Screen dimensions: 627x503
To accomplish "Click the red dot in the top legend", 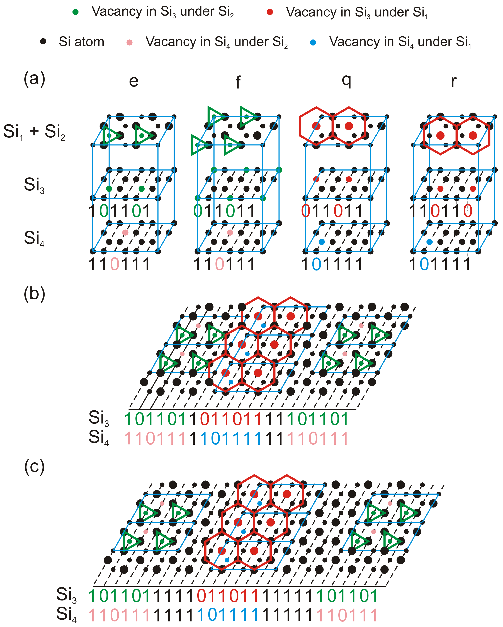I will pos(270,12).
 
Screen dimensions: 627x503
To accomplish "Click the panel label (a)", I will pos(34,78).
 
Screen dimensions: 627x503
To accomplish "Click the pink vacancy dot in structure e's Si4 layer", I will pos(125,232).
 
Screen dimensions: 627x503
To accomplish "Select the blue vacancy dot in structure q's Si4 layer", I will pos(322,242).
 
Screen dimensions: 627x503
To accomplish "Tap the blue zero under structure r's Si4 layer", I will pos(424,264).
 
